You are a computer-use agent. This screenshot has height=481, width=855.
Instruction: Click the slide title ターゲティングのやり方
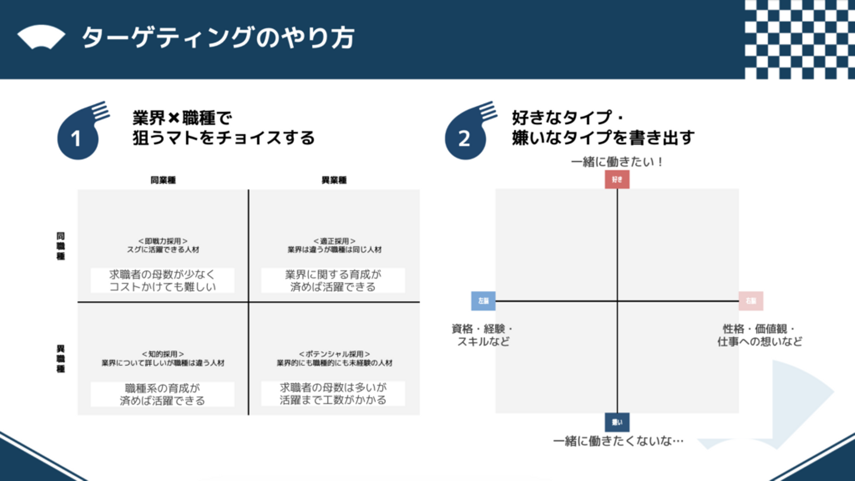click(x=217, y=39)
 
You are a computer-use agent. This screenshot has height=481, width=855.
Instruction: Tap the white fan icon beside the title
click(x=41, y=38)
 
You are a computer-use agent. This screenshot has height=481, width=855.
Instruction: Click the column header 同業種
click(x=163, y=181)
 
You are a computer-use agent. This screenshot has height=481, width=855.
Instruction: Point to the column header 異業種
click(x=334, y=181)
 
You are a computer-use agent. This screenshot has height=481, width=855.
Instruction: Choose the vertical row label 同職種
click(x=61, y=246)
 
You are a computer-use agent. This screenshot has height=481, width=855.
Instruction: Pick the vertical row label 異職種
click(x=61, y=359)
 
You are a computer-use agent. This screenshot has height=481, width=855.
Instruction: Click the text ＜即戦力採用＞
click(x=163, y=241)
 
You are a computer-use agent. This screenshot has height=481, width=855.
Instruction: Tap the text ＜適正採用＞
click(x=335, y=241)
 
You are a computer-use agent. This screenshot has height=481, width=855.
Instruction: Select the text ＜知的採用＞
click(x=163, y=354)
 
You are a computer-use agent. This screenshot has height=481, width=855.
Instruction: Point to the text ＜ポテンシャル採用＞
click(x=335, y=354)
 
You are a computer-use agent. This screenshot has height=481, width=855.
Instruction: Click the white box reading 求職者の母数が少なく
click(x=163, y=281)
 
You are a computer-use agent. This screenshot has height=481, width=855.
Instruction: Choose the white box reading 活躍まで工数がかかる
click(x=333, y=394)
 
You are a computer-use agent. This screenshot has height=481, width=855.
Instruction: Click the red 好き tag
click(x=617, y=179)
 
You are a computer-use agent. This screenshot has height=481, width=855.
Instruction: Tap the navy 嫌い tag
click(x=617, y=422)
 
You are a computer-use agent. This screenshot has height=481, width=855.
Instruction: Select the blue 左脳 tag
click(x=483, y=301)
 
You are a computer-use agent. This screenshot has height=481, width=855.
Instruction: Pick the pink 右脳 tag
click(x=751, y=301)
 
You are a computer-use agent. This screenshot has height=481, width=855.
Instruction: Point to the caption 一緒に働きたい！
click(x=617, y=162)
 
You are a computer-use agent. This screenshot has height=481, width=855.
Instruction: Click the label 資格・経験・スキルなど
click(x=483, y=336)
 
